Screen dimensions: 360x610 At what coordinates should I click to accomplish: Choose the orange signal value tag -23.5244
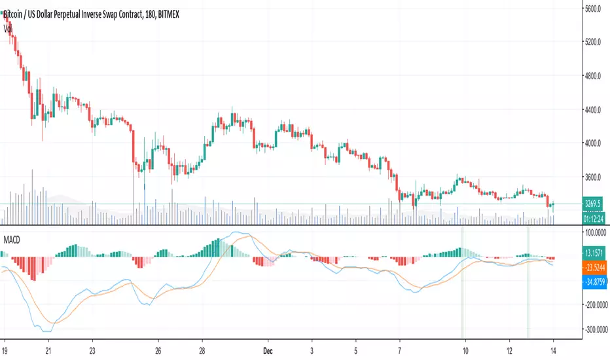[594, 267]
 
